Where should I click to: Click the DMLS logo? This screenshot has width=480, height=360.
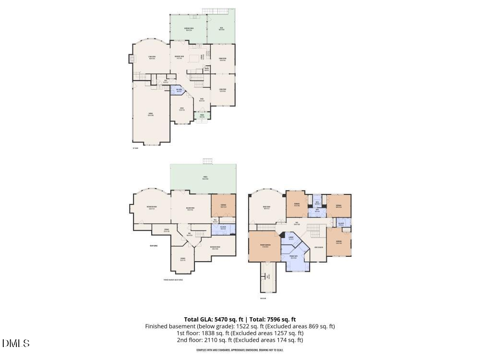(16, 343)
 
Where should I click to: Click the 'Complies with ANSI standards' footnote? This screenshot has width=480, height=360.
(240, 350)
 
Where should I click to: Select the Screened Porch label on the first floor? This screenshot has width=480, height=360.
(189, 29)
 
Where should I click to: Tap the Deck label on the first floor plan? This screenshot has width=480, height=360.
(221, 29)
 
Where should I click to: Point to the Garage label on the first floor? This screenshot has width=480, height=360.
(150, 114)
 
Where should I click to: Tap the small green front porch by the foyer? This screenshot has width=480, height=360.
(202, 116)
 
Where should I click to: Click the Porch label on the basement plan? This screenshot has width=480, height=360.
(205, 179)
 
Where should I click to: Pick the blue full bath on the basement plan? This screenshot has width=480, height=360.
(223, 228)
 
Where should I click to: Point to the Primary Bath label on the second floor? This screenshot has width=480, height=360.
(293, 257)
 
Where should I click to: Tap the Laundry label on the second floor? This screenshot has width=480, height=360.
(291, 238)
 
